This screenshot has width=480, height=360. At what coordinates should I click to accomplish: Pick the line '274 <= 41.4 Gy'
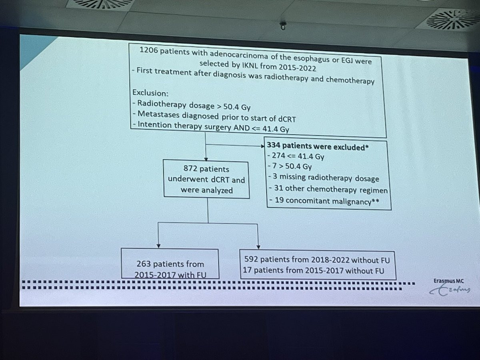pyautogui.click(x=297, y=157)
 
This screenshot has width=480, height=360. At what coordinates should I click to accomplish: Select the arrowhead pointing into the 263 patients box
pyautogui.click(x=159, y=246)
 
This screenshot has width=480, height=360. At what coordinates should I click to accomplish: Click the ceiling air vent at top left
pyautogui.click(x=100, y=4)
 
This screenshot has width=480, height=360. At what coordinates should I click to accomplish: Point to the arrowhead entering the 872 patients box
pyautogui.click(x=206, y=157)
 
